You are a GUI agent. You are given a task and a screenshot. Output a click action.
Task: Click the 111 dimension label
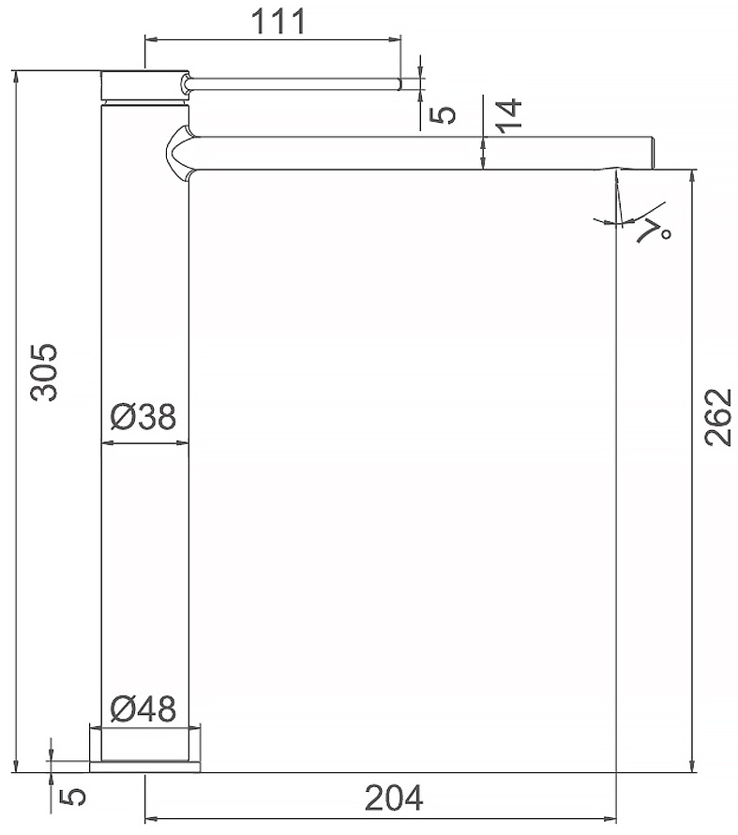point(279,22)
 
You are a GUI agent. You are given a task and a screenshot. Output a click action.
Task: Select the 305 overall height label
point(44,372)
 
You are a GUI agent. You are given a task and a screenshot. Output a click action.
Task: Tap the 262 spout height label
point(717,417)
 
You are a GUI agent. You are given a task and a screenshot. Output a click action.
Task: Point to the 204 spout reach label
point(394,798)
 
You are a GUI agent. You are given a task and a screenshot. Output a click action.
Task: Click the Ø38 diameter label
point(143,416)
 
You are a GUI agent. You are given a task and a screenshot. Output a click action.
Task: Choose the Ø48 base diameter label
point(143,708)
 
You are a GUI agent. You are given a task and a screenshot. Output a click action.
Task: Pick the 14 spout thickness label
point(509,115)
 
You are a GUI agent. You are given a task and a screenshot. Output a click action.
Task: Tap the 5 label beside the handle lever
point(444,114)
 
